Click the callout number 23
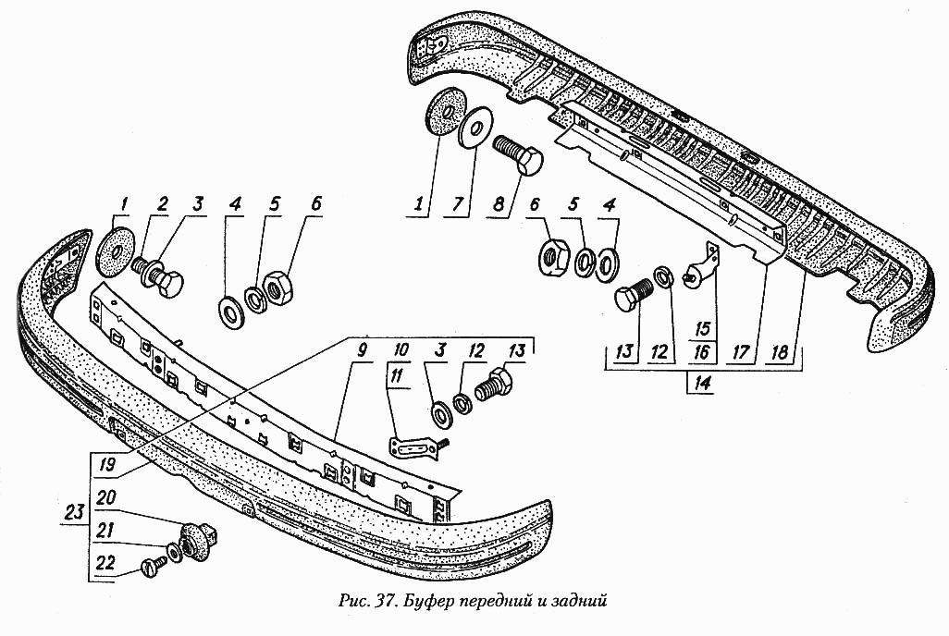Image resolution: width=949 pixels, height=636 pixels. click(x=74, y=513)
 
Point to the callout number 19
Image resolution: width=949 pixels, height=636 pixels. click(x=106, y=465)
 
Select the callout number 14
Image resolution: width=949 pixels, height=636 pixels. click(x=702, y=383)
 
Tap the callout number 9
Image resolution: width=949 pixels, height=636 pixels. click(x=362, y=350)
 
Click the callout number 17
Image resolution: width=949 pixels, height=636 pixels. click(x=741, y=352)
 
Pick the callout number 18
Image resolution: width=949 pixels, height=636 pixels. click(x=781, y=352)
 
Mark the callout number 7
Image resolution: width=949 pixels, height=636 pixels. click(x=458, y=203)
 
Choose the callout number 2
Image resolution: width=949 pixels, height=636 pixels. click(x=162, y=204)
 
